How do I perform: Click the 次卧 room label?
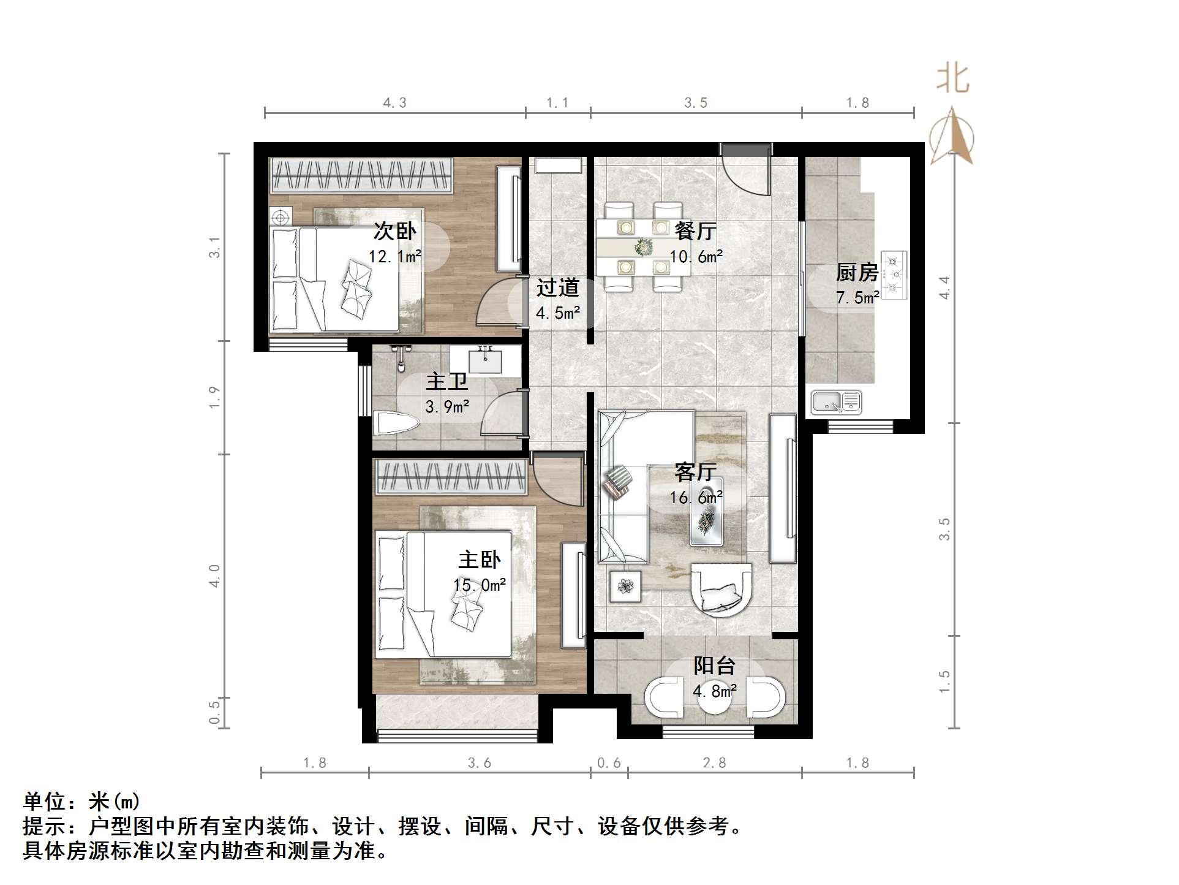[x=394, y=231]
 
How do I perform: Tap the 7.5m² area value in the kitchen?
[x=857, y=298]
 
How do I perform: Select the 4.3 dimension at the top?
[x=394, y=103]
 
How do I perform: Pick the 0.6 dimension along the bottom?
[x=609, y=763]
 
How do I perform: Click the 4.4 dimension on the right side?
[x=944, y=287]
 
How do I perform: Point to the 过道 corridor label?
[x=557, y=287]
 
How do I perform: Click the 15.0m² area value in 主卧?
[x=479, y=585]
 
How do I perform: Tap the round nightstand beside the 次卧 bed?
[x=281, y=218]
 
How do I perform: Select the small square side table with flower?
[x=625, y=587]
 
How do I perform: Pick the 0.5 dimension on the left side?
[x=214, y=713]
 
